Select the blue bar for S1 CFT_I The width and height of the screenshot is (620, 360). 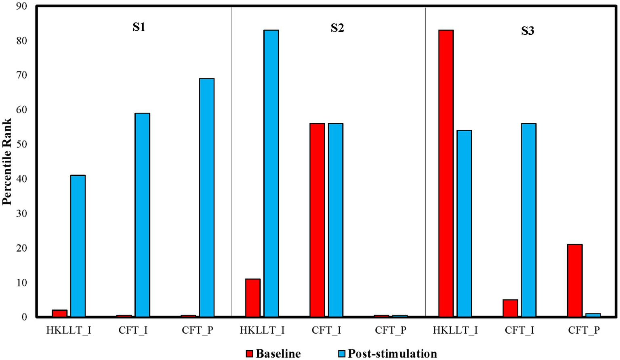pyautogui.click(x=142, y=215)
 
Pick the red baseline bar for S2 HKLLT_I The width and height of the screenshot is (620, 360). pyautogui.click(x=253, y=298)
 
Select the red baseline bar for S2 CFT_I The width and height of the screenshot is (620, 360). pyautogui.click(x=317, y=220)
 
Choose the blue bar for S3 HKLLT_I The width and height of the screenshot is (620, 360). pyautogui.click(x=464, y=223)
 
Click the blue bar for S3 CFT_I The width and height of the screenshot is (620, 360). pyautogui.click(x=528, y=220)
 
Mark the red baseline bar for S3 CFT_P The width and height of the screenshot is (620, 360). pyautogui.click(x=574, y=280)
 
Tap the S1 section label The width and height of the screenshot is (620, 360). pyautogui.click(x=139, y=27)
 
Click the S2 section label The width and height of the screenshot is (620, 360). pyautogui.click(x=337, y=28)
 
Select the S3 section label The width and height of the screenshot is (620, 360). pyautogui.click(x=528, y=31)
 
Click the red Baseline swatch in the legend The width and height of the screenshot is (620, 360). pyautogui.click(x=249, y=354)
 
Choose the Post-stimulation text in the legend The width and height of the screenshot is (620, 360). pyautogui.click(x=392, y=354)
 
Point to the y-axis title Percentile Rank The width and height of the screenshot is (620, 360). pyautogui.click(x=7, y=162)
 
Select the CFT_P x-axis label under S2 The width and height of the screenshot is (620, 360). pyautogui.click(x=391, y=330)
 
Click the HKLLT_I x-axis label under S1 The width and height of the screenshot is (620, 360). pyautogui.click(x=69, y=330)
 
